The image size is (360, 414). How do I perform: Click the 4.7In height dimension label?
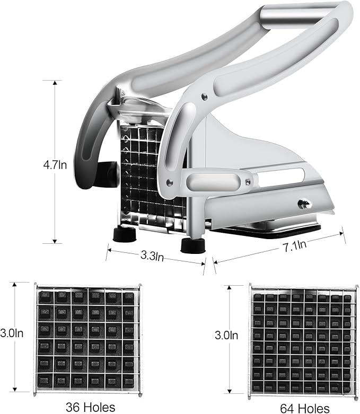pos(55,165)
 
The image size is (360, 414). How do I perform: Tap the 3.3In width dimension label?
pos(152,256)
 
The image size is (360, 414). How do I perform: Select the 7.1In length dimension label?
pos(295,246)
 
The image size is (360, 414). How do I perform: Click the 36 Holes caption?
pos(90,407)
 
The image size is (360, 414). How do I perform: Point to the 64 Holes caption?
pos(305,409)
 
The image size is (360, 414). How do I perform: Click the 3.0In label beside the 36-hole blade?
pos(12,333)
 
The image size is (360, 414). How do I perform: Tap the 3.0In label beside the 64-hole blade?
pos(226,335)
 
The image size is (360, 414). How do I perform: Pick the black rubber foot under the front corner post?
pos(193,246)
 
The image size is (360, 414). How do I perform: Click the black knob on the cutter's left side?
pos(107,174)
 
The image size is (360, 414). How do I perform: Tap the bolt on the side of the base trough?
pos(304,204)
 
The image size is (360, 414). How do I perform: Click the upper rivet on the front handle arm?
pos(205,96)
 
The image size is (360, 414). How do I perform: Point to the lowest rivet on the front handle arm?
pos(170,182)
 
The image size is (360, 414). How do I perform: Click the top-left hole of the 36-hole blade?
pos(46,297)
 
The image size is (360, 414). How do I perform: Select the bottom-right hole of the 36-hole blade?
pos(129,382)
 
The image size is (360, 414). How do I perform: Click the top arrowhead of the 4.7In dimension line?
pos(55,83)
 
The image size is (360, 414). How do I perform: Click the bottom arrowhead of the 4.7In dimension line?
pos(55,241)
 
